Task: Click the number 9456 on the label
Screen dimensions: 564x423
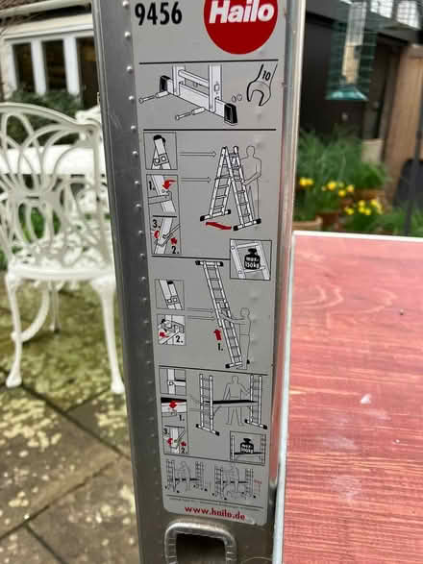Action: click(159, 14)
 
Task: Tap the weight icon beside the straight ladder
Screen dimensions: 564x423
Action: click(250, 259)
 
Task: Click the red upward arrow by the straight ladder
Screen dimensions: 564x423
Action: click(217, 335)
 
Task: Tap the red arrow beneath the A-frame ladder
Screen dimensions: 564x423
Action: click(220, 227)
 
